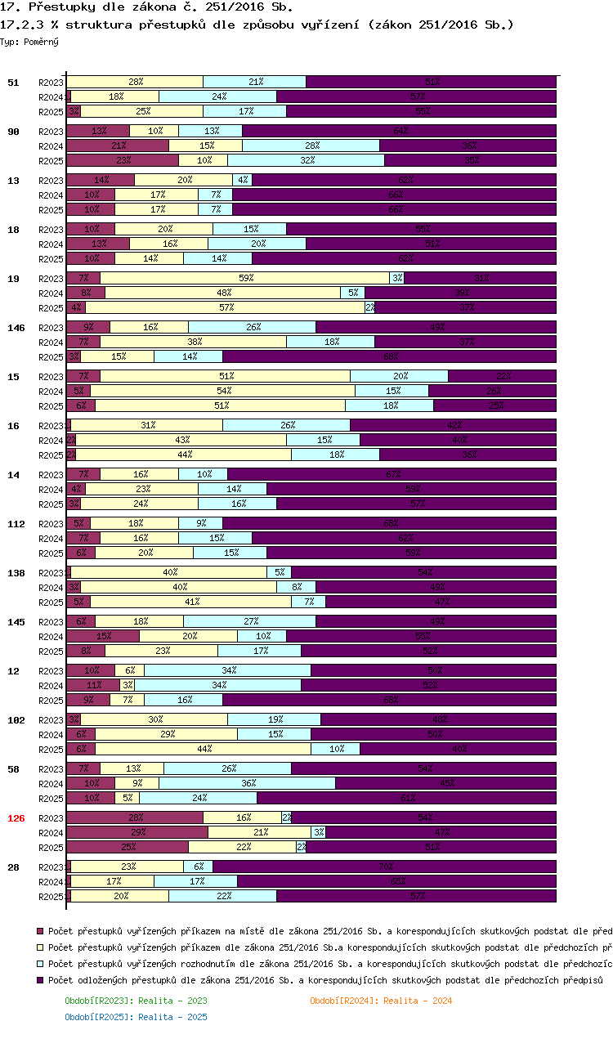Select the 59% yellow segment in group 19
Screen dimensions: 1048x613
click(245, 278)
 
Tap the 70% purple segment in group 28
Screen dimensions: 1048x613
click(384, 867)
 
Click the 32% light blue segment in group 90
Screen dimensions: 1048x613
click(306, 160)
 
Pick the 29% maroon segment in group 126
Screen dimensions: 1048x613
click(137, 832)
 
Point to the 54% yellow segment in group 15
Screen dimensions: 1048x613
click(222, 391)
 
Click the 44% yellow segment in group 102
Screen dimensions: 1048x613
click(203, 749)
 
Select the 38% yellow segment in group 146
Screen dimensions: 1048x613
click(194, 342)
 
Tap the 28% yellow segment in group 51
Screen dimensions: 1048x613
click(136, 82)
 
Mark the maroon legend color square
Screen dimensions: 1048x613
click(41, 930)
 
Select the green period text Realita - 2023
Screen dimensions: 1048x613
click(136, 1001)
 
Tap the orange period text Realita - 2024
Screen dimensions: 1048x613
click(381, 1001)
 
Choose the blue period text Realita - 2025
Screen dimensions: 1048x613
click(136, 1017)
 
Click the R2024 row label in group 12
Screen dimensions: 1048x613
click(51, 685)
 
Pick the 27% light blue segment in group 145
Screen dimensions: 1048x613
click(249, 621)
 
